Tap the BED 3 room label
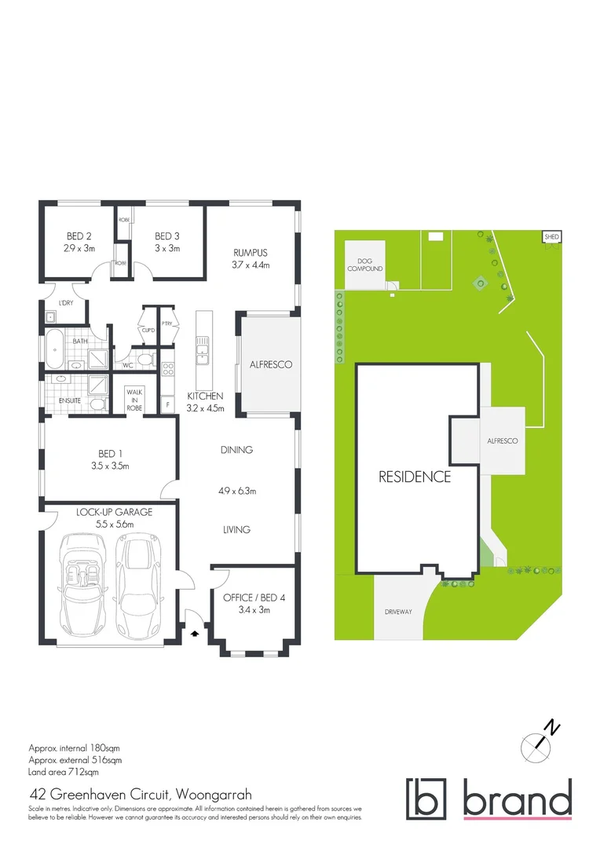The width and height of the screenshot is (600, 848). point(167,236)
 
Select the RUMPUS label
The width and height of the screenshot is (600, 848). point(251,253)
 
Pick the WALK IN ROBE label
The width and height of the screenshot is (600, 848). point(137,397)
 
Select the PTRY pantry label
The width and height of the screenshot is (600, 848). point(166,323)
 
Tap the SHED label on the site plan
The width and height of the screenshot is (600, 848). point(551,236)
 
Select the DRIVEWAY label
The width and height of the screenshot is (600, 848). point(398,612)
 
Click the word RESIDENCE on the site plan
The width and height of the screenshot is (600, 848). point(415,477)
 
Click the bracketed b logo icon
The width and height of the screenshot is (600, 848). point(426,798)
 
